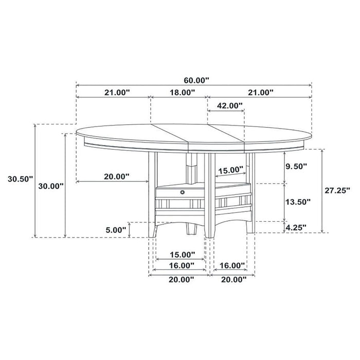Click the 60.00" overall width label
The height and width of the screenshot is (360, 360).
click(197, 80)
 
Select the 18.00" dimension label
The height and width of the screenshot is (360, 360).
click(182, 93)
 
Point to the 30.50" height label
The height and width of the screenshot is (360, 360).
click(20, 179)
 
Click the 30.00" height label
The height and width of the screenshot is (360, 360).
click(51, 186)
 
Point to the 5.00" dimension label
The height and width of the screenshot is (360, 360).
click(114, 230)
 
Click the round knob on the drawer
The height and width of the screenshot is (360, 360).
click(182, 192)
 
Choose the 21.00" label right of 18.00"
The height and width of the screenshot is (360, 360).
click(259, 93)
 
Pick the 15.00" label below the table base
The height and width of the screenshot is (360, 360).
click(182, 255)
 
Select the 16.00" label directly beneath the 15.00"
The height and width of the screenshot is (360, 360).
click(181, 265)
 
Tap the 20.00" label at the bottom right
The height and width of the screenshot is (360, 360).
click(233, 279)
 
